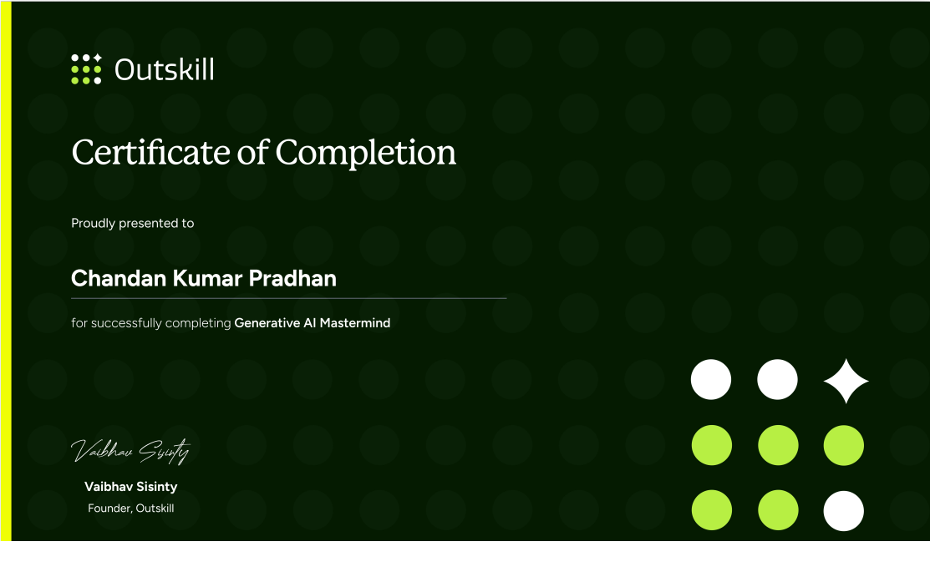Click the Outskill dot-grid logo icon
(x=87, y=68)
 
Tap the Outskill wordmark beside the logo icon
(x=165, y=69)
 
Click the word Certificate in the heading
(x=151, y=152)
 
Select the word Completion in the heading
(x=365, y=154)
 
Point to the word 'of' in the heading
(x=253, y=152)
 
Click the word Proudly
(x=93, y=224)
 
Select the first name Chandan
(x=119, y=278)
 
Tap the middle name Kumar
(x=207, y=278)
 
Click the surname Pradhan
(x=292, y=278)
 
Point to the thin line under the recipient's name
(x=289, y=298)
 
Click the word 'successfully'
(x=127, y=323)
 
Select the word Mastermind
(x=354, y=323)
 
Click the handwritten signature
(x=130, y=451)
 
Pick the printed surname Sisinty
(x=157, y=487)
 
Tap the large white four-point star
(x=846, y=381)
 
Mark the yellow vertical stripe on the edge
(x=6, y=271)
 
